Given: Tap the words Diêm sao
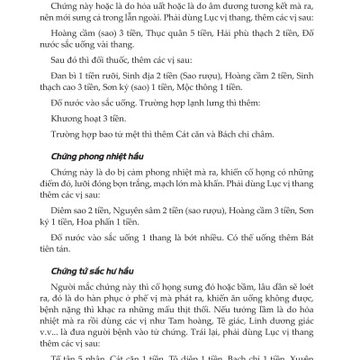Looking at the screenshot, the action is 57,204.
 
